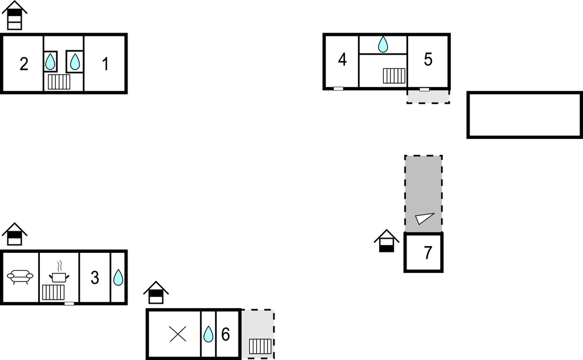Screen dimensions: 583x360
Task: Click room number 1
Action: pyautogui.click(x=105, y=64)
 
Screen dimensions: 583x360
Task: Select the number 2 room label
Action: pyautogui.click(x=24, y=64)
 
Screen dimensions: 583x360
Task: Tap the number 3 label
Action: pyautogui.click(x=95, y=278)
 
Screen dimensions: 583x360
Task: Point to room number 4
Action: pyautogui.click(x=342, y=59)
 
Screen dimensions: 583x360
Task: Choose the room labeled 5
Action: pyautogui.click(x=428, y=59)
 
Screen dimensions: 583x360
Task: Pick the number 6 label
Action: pyautogui.click(x=225, y=334)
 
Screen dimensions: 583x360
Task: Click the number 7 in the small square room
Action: pyautogui.click(x=428, y=253)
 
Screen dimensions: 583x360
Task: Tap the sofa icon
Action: pyautogui.click(x=20, y=277)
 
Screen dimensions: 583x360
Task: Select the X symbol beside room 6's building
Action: pyautogui.click(x=178, y=334)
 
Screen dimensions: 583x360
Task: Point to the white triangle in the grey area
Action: pyautogui.click(x=424, y=218)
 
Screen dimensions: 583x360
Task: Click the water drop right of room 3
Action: pyautogui.click(x=118, y=277)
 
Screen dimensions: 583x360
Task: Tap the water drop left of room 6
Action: pyautogui.click(x=208, y=334)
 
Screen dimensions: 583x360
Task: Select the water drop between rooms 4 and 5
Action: pyautogui.click(x=383, y=44)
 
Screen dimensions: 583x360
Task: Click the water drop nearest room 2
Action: pyautogui.click(x=50, y=62)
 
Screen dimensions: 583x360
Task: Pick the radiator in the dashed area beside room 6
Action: pyautogui.click(x=260, y=346)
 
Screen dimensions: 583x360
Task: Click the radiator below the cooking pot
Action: pyautogui.click(x=53, y=292)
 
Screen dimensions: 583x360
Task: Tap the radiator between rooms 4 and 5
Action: pyautogui.click(x=394, y=76)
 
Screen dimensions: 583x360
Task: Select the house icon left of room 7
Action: pyautogui.click(x=387, y=241)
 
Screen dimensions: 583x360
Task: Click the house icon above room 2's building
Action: pyautogui.click(x=14, y=15)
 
